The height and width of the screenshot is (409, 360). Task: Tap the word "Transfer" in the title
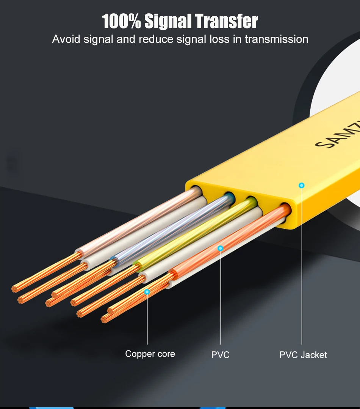[227, 21]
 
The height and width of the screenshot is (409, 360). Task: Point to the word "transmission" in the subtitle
[276, 39]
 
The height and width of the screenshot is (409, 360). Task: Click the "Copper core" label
[150, 354]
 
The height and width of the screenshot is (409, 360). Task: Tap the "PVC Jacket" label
[303, 355]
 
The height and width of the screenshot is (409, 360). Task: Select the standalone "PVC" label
[220, 355]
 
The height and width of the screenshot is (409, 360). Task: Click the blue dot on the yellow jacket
[302, 186]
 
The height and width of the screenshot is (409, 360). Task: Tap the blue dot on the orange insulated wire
[221, 248]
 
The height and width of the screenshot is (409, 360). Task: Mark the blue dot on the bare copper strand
[147, 292]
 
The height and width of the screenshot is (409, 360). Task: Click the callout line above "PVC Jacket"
[302, 266]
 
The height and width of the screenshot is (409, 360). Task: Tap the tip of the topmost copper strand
[15, 289]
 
